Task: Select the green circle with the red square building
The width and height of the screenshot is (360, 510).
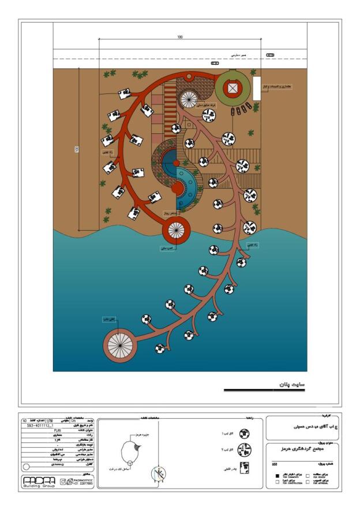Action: coord(232,88)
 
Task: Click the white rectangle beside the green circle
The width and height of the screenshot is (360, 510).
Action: coord(257,88)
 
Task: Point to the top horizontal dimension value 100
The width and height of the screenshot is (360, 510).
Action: coord(180,37)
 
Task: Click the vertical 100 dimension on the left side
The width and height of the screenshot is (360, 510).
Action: coord(77,149)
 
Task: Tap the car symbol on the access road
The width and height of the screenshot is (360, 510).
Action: coord(270,55)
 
